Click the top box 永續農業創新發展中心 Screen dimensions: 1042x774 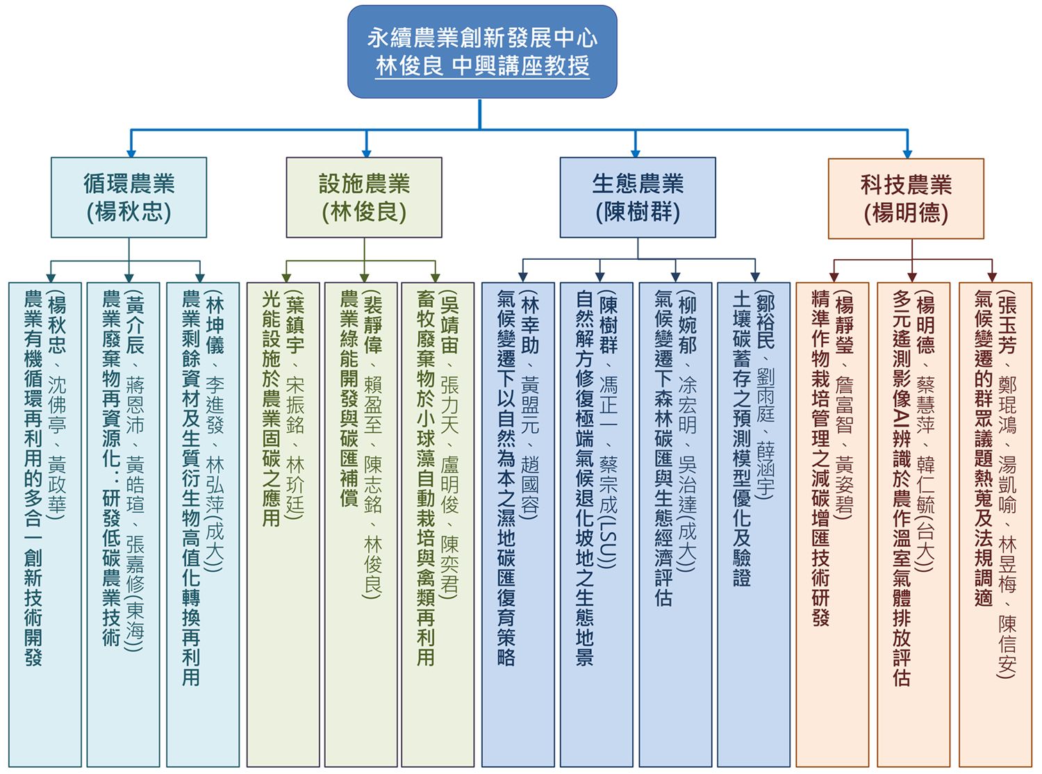[x=482, y=51]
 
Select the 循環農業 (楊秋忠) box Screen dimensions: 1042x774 [x=129, y=197]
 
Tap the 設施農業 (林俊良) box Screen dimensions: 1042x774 [x=364, y=197]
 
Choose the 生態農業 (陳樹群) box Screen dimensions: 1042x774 [x=638, y=197]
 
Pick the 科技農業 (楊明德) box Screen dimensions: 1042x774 [x=906, y=198]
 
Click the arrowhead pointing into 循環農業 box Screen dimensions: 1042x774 [x=131, y=154]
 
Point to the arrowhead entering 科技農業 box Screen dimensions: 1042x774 [x=908, y=154]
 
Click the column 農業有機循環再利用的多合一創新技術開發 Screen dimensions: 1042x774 [x=45, y=524]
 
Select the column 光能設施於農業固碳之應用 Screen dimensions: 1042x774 [x=283, y=524]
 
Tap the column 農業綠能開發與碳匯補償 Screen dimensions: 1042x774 [x=361, y=524]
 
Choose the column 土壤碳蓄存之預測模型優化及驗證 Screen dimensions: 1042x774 [x=754, y=524]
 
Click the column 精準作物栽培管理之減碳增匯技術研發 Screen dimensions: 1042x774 [x=832, y=524]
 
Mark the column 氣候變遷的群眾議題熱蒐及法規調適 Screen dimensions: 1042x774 [x=995, y=524]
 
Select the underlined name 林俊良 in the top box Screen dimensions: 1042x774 [x=409, y=66]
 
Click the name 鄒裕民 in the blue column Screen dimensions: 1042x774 [x=764, y=324]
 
